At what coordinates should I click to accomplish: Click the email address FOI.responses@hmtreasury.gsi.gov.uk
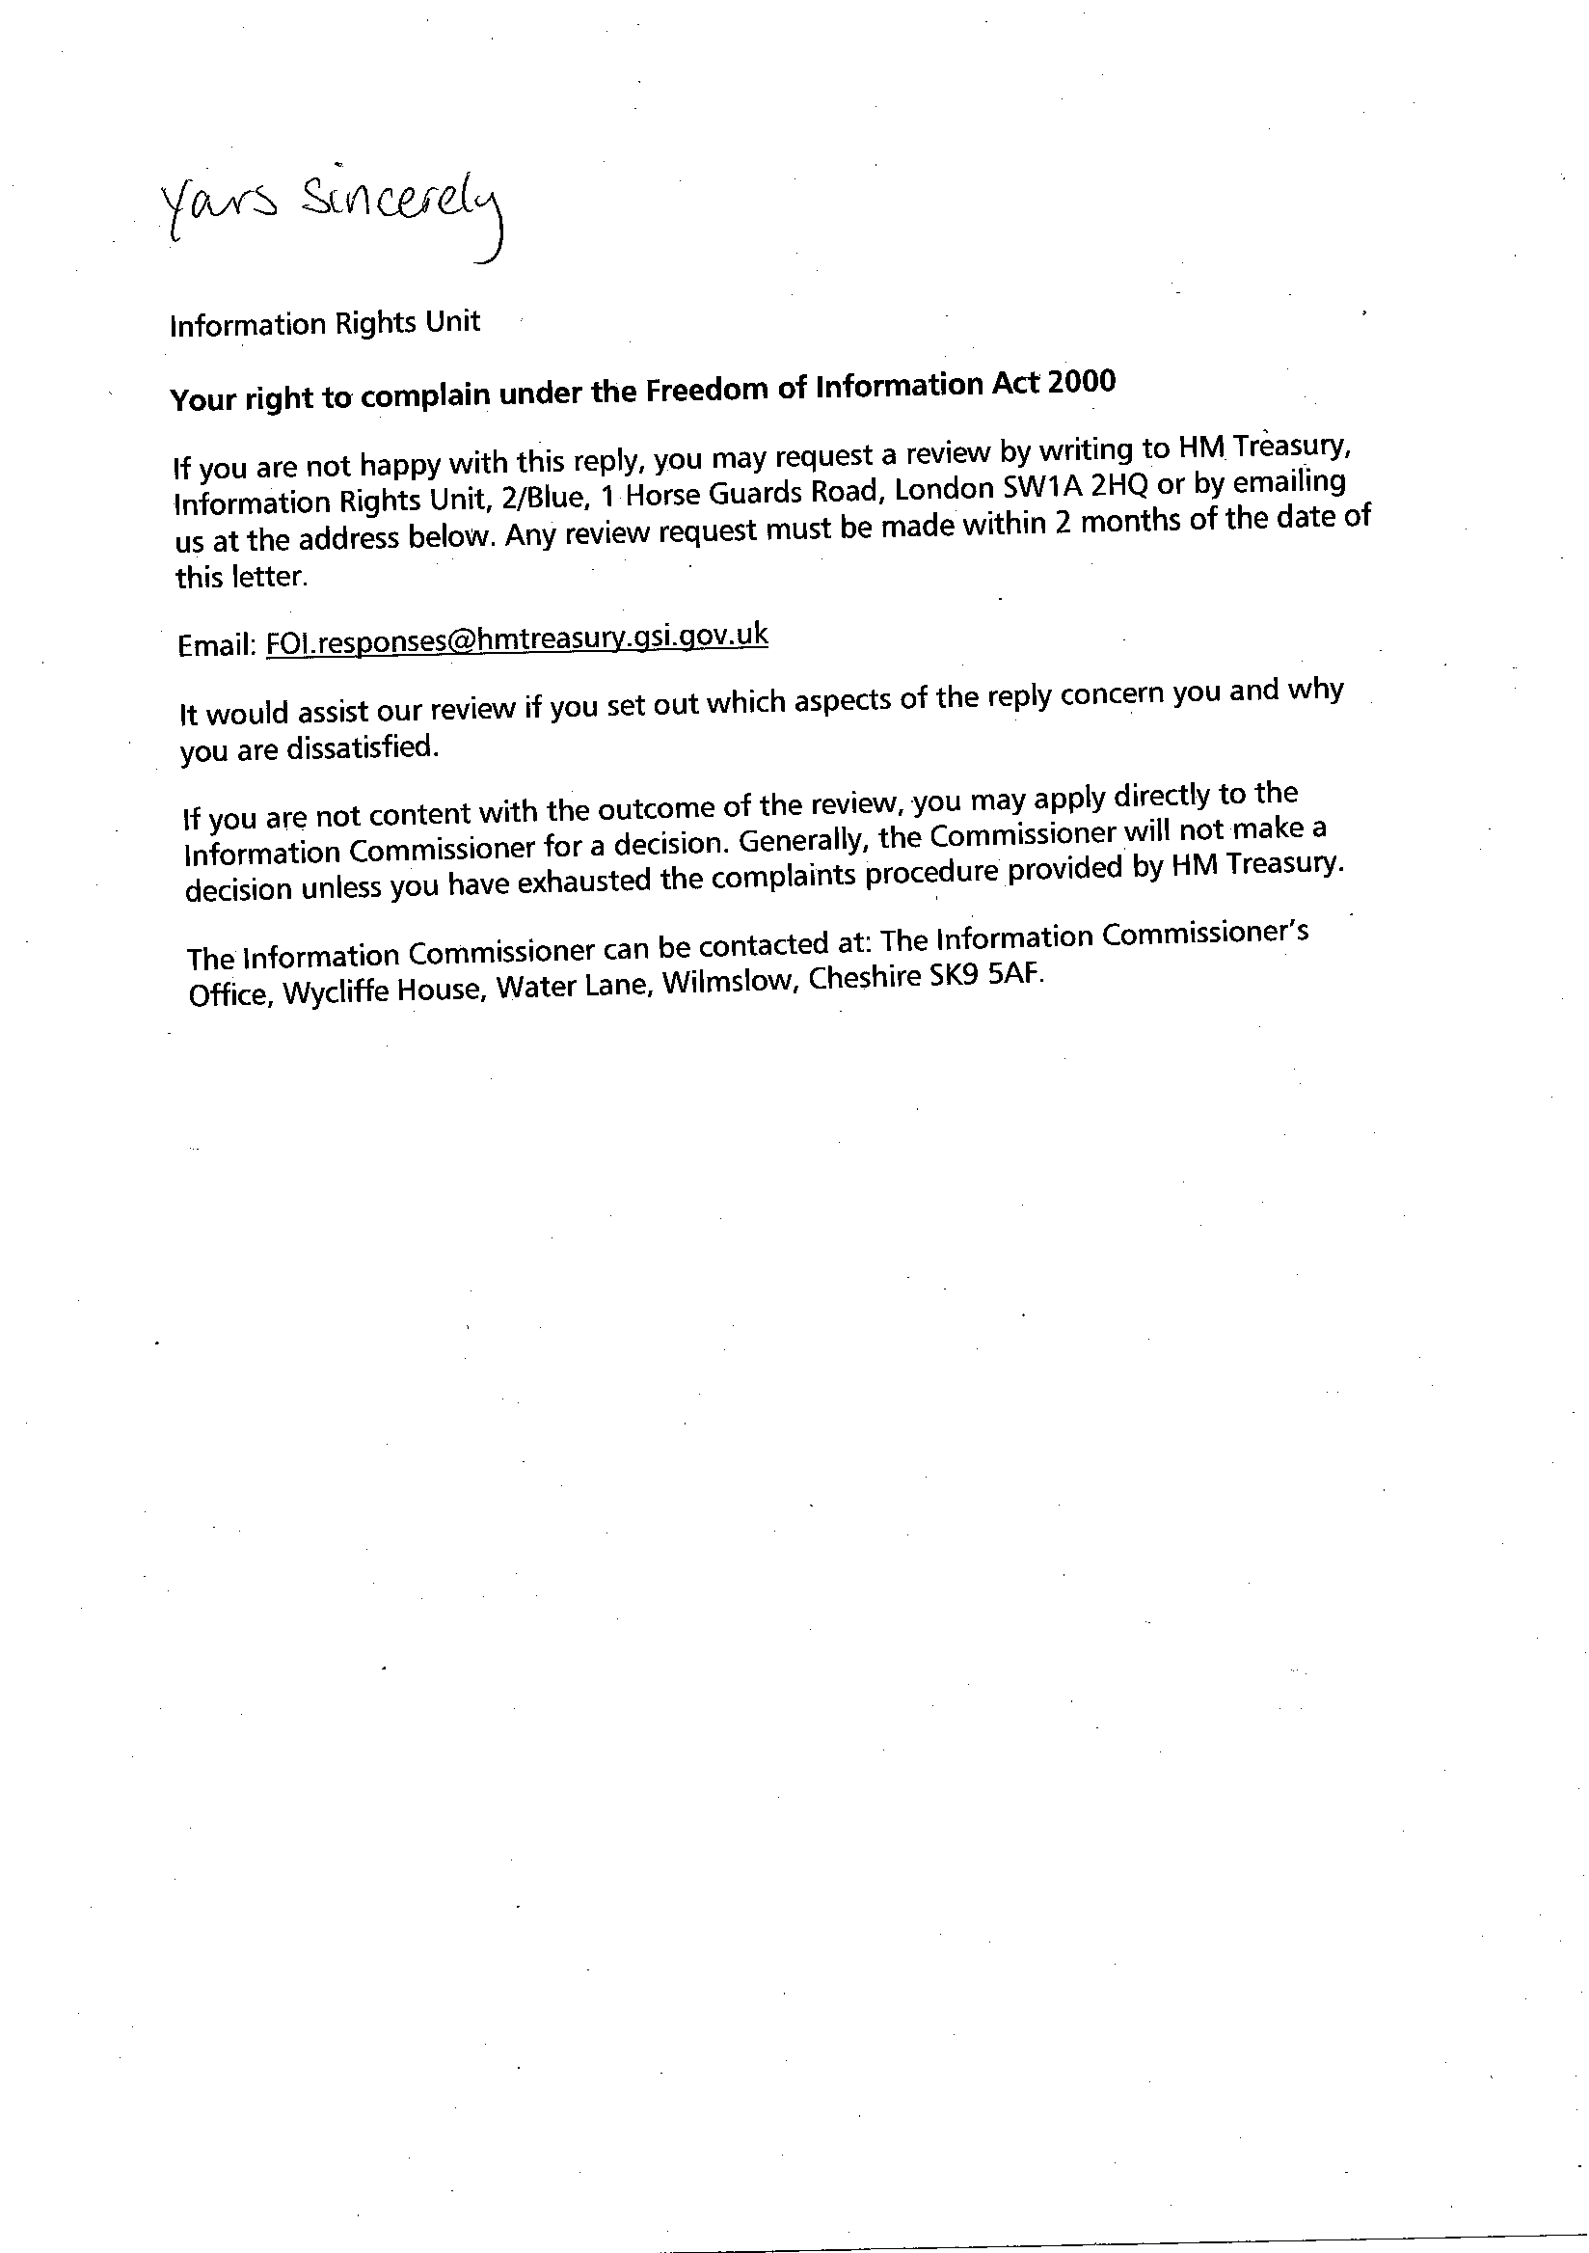(x=517, y=638)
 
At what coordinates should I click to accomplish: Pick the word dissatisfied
(x=359, y=748)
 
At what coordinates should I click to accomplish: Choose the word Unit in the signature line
(x=455, y=321)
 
